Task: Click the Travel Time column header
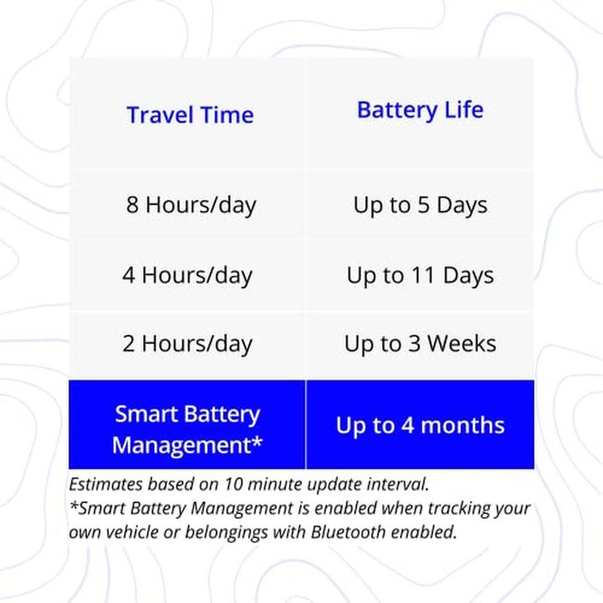tap(189, 115)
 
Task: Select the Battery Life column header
tap(420, 110)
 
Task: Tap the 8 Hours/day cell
tap(191, 205)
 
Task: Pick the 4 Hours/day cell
tap(188, 276)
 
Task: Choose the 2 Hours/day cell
tap(188, 343)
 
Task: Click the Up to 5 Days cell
tap(420, 205)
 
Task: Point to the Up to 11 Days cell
tap(420, 276)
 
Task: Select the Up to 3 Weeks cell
tap(420, 343)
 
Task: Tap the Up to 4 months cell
tap(420, 425)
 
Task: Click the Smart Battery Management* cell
tap(188, 429)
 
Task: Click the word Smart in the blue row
tap(145, 415)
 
